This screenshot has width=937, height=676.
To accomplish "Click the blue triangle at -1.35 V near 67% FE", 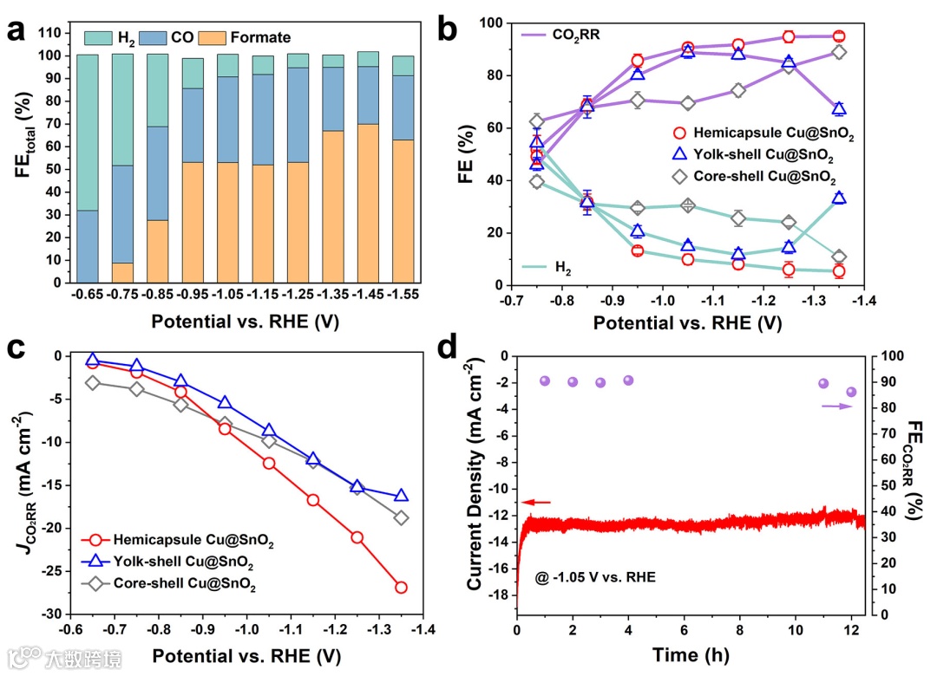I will pyautogui.click(x=839, y=109).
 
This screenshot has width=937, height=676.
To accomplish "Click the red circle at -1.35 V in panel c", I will pyautogui.click(x=401, y=588).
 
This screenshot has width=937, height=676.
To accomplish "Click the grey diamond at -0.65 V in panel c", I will pyautogui.click(x=93, y=382).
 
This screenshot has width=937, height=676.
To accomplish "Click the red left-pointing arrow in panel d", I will pyautogui.click(x=535, y=502).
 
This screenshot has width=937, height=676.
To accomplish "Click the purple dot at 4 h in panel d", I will pyautogui.click(x=628, y=380).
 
